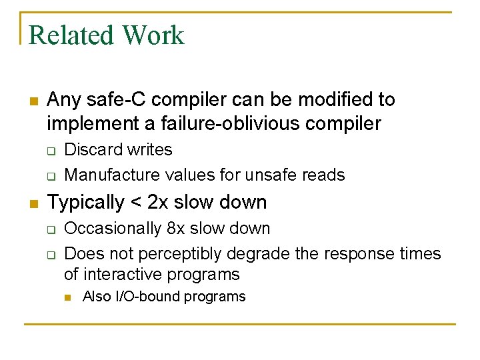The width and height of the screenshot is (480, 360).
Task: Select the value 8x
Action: click(x=175, y=229)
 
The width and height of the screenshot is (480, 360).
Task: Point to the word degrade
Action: click(x=253, y=254)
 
